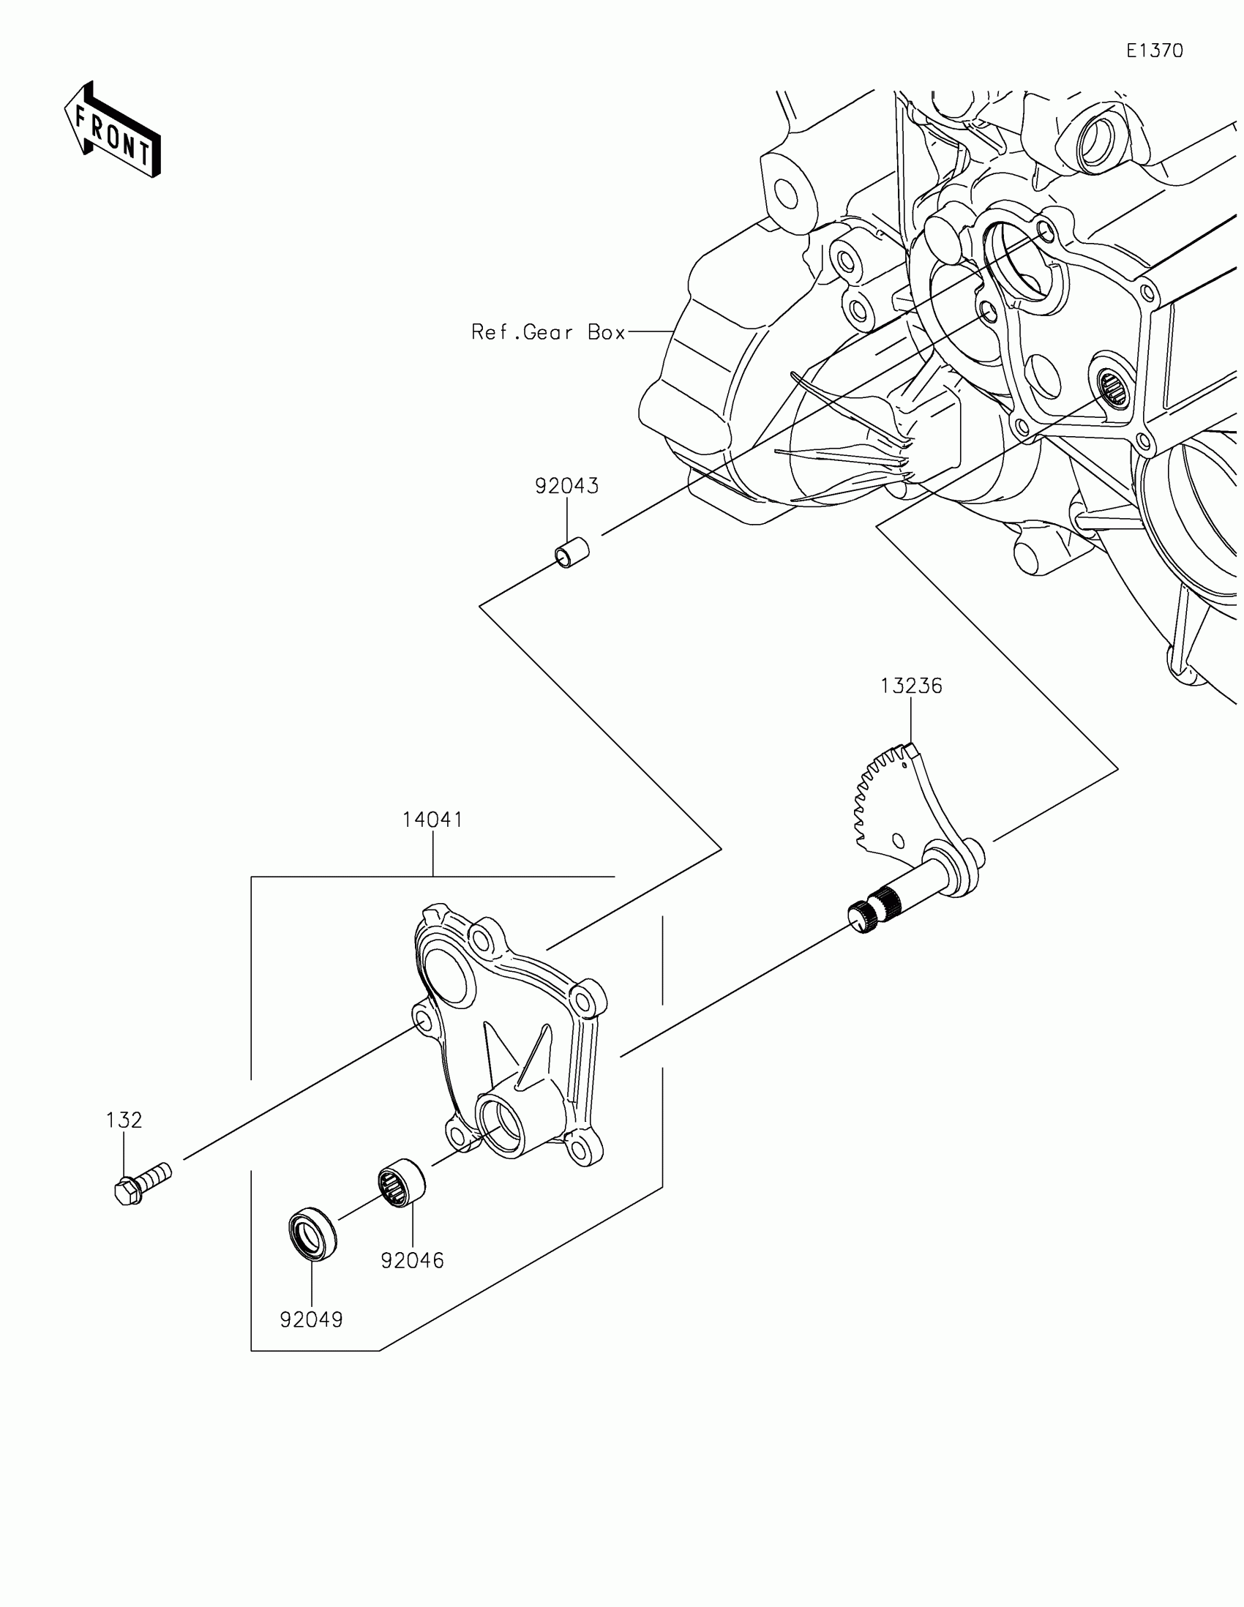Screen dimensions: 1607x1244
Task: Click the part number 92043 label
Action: [566, 487]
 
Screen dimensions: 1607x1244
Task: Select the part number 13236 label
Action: [911, 686]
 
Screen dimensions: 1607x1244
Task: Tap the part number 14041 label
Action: [432, 820]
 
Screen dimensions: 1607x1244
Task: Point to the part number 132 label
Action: [124, 1120]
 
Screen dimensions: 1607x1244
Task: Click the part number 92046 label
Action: [412, 1261]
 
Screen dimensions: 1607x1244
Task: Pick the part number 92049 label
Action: [311, 1320]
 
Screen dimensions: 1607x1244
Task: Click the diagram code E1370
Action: [1154, 50]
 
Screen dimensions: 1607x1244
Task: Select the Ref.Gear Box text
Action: [548, 332]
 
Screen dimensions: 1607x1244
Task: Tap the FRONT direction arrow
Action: [113, 132]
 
